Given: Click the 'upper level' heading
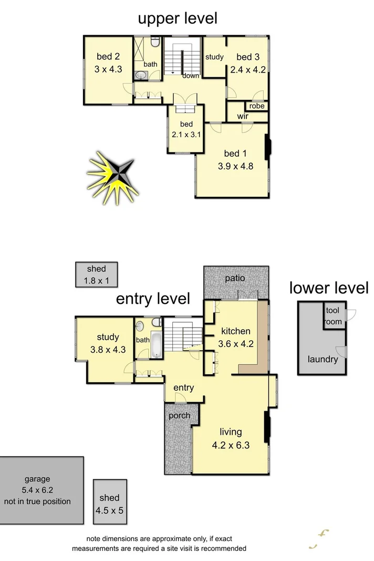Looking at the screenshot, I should coord(177,19).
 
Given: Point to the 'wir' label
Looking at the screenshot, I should coord(242,116).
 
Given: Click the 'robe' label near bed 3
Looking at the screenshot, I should coord(257,106).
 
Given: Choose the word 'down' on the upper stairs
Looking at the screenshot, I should coord(191,76).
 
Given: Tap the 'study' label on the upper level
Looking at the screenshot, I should coord(214,57).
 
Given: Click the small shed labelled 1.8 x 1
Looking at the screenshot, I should coord(96,274).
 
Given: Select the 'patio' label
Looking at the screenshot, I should coord(235,278).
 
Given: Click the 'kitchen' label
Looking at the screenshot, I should coord(235,332).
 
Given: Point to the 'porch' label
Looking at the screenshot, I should coord(179,415).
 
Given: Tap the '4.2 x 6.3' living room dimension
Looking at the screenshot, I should coord(231,445).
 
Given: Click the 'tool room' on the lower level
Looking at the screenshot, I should coord(333,316).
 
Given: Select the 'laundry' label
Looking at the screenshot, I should coord(323,360).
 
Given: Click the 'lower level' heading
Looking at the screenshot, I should coord(329,288).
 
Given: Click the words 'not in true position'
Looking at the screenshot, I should coord(37,501).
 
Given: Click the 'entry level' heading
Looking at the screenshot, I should coord(153,299).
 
